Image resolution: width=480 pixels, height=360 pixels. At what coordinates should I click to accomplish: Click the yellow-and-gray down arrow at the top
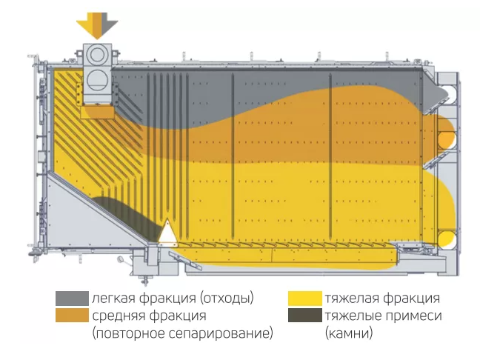click(97, 24)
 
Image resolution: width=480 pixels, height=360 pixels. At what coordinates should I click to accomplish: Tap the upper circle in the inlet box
click(97, 56)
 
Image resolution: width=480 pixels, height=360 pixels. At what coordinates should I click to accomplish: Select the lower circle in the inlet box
click(97, 79)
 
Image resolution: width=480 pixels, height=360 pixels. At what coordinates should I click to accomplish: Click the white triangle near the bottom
click(168, 232)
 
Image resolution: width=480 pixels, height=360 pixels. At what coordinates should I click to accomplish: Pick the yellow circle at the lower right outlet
click(446, 239)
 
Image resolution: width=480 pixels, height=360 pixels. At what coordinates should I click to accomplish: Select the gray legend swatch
click(72, 299)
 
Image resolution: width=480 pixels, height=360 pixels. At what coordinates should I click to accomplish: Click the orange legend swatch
click(72, 316)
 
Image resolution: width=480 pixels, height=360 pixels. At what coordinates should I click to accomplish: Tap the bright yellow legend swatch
click(304, 299)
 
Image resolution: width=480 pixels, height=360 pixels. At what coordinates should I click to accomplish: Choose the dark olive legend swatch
click(304, 316)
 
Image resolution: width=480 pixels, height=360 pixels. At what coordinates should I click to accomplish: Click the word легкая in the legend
click(112, 299)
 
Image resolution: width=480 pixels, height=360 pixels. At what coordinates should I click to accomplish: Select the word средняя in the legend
click(115, 316)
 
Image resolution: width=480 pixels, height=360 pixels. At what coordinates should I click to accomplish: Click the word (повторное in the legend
click(126, 334)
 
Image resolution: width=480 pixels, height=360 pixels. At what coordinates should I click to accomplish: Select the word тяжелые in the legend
click(351, 316)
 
